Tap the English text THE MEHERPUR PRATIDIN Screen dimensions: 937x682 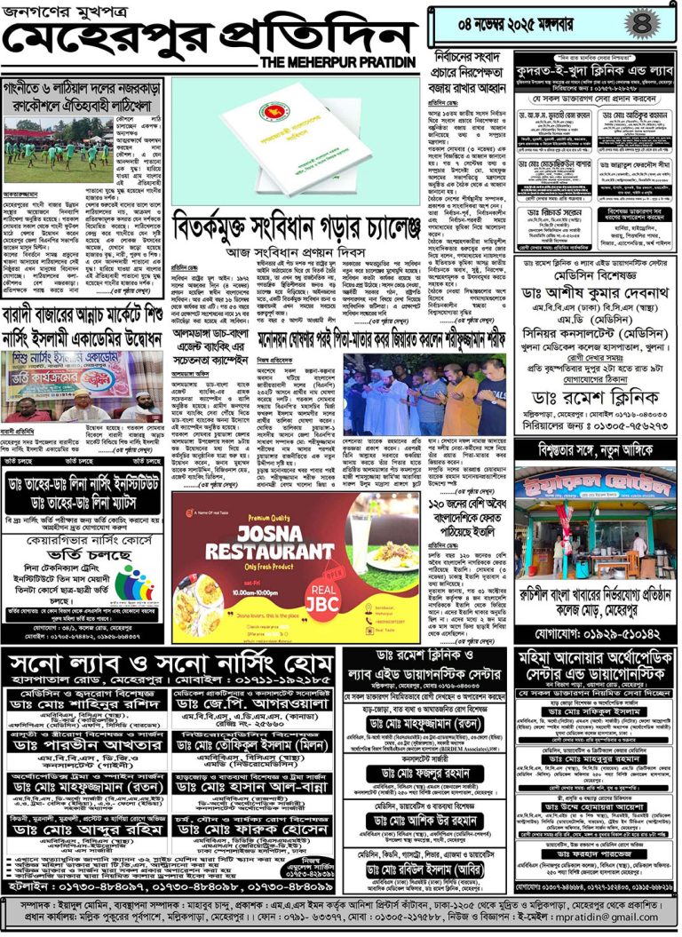[x=338, y=62]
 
